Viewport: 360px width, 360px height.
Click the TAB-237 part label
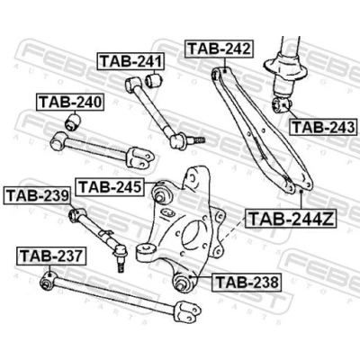(51, 256)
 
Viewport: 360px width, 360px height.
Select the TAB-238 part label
(247, 282)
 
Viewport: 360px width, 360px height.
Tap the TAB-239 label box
(37, 195)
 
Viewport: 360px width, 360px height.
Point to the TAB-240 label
(70, 103)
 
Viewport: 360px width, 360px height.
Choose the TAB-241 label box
(131, 61)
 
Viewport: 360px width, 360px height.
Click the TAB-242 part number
(220, 49)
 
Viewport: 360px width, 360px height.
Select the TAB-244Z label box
(291, 219)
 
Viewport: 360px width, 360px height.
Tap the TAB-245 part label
(110, 187)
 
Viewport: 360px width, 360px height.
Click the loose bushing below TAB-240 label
(73, 121)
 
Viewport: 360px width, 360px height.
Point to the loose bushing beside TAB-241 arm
(154, 80)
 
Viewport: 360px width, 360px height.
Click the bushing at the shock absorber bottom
(282, 105)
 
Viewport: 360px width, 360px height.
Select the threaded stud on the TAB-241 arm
(197, 139)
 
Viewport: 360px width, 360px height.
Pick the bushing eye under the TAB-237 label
(48, 281)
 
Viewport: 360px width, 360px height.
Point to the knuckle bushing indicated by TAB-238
(182, 281)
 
